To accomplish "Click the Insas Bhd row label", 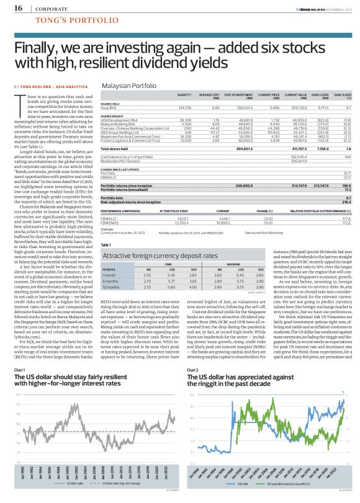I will click(x=109, y=107).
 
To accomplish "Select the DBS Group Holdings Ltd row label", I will click(x=120, y=133).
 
